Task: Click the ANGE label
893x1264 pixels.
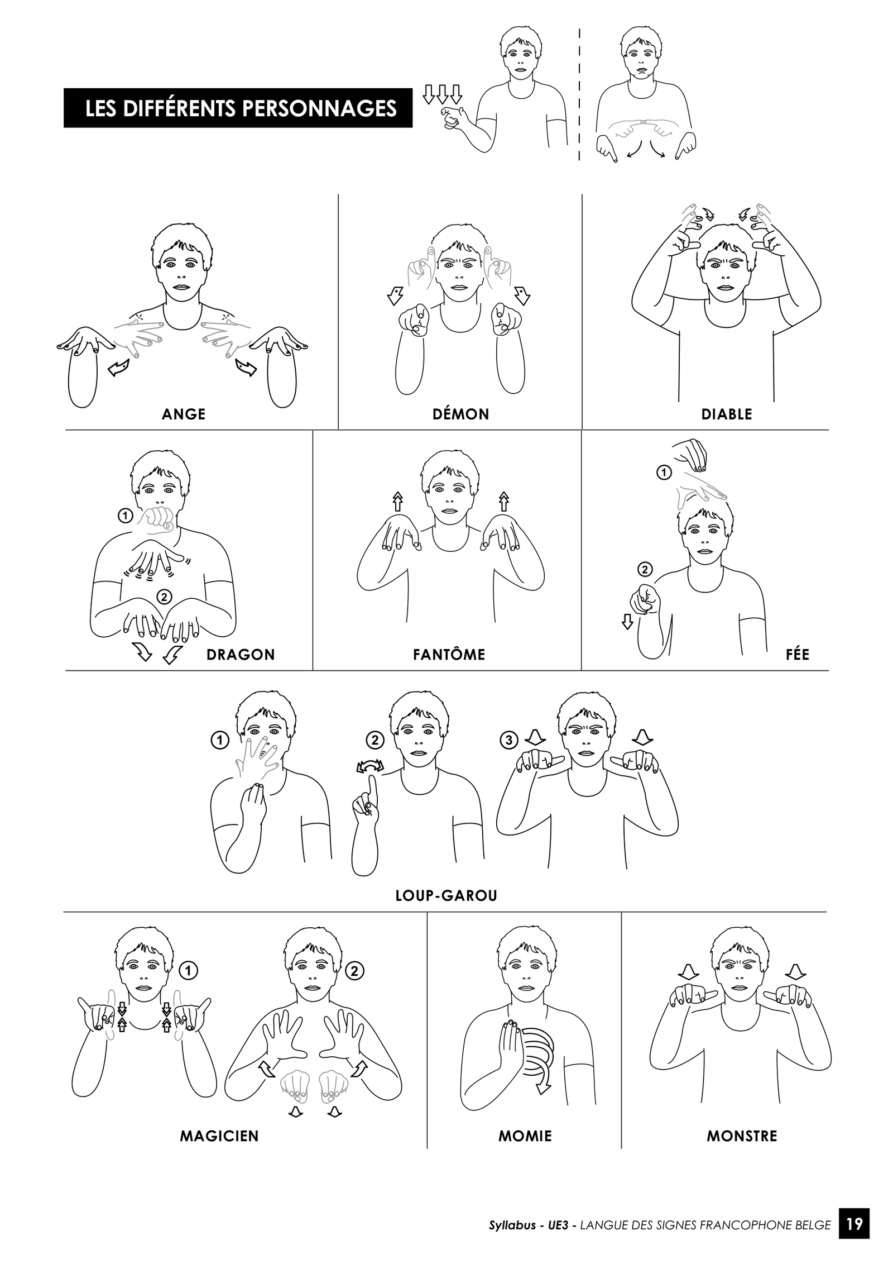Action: pos(184,414)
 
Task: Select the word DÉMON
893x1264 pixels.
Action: pos(461,414)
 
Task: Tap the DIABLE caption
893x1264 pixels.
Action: pos(727,414)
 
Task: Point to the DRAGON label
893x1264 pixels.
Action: pos(241,655)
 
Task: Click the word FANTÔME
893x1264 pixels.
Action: pos(449,654)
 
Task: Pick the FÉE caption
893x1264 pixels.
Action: pos(798,654)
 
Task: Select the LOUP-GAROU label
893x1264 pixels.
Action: pos(446,896)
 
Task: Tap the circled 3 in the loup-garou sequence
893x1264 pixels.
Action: pos(508,741)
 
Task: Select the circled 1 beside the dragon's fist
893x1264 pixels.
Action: pos(126,516)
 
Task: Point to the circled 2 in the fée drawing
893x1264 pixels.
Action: pos(645,570)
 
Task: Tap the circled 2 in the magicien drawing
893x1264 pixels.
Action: pos(355,971)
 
